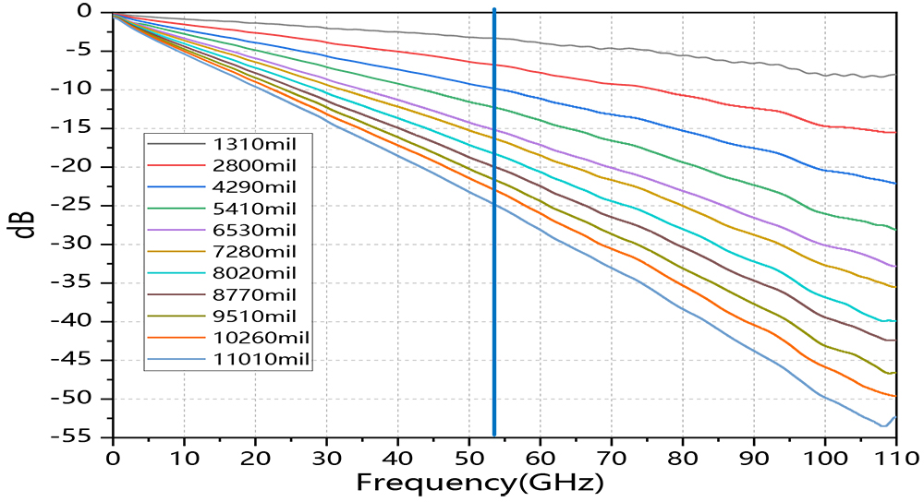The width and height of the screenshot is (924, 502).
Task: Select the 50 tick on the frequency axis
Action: pos(468,456)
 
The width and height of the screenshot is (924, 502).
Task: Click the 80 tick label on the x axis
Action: pos(682,456)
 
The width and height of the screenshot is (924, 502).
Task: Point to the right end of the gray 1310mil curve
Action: pos(894,75)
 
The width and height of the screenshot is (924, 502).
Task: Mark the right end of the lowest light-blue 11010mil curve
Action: pos(894,417)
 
